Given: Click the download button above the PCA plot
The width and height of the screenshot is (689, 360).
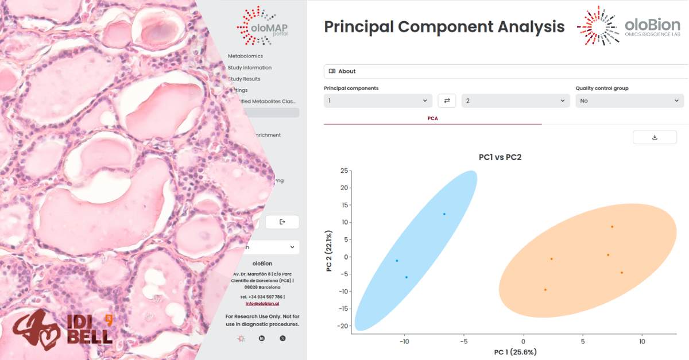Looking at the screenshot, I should [x=655, y=137].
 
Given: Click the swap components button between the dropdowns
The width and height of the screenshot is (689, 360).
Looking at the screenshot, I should [x=447, y=100].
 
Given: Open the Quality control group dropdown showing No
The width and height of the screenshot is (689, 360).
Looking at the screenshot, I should [x=629, y=100].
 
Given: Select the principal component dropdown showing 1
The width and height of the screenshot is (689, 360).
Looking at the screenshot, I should [x=378, y=100].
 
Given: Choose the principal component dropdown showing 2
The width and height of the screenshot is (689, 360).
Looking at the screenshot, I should [x=515, y=100].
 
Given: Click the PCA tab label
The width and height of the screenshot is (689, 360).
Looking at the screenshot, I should [x=432, y=118].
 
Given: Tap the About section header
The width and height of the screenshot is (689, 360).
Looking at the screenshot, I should [x=347, y=71].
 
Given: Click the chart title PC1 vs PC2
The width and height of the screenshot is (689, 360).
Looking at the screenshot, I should [x=500, y=157].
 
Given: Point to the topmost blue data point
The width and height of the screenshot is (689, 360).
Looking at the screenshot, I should [x=444, y=214].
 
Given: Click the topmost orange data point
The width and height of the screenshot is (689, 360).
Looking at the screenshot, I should [x=612, y=227].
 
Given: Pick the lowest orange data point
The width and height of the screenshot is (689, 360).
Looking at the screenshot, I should [x=545, y=289].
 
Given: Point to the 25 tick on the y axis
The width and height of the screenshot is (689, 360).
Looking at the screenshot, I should [x=344, y=171].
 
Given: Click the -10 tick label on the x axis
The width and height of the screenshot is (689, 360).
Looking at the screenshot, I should [x=405, y=341].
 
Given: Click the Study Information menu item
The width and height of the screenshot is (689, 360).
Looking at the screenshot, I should [x=250, y=68].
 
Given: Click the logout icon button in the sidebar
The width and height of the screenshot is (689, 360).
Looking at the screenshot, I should [x=282, y=222].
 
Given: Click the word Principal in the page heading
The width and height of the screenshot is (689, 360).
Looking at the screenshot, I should [x=359, y=27].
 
